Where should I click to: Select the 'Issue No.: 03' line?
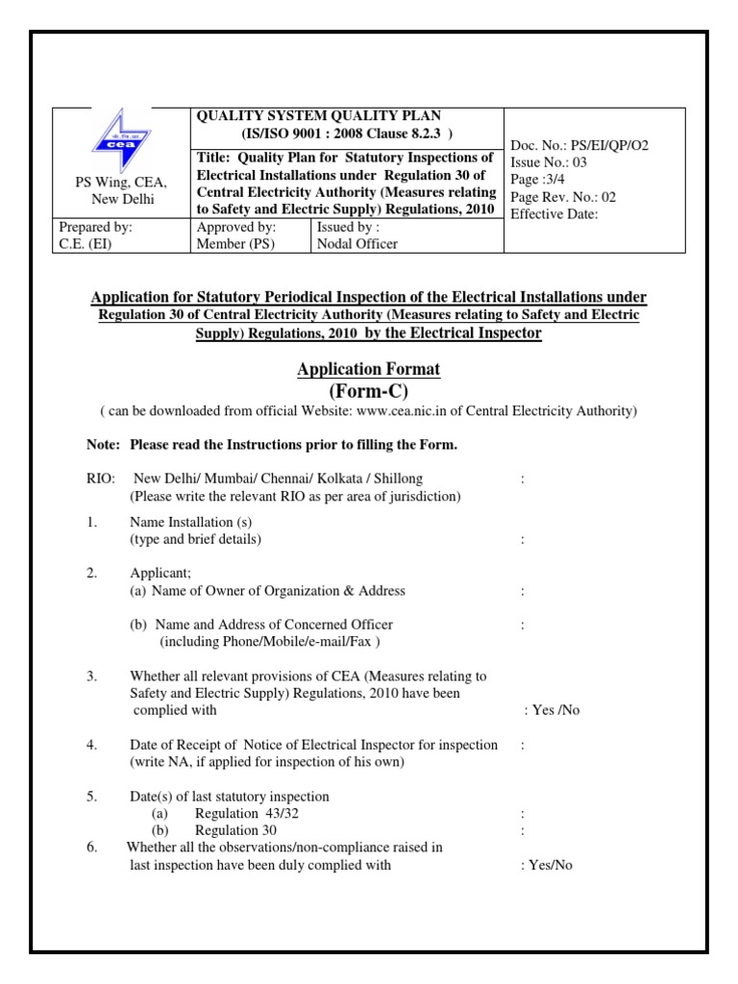coord(549,162)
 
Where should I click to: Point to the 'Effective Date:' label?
coord(554,214)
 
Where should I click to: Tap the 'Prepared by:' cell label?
coord(96,228)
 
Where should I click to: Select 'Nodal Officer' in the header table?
coord(357,244)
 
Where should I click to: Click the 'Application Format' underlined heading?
coord(369,369)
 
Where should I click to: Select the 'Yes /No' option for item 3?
coord(552,711)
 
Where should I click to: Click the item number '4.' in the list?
coord(91,745)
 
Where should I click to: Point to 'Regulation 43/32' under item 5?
coord(240,814)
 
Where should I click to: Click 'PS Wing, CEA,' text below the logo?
coord(121,183)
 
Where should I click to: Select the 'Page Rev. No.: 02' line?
coord(562,197)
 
